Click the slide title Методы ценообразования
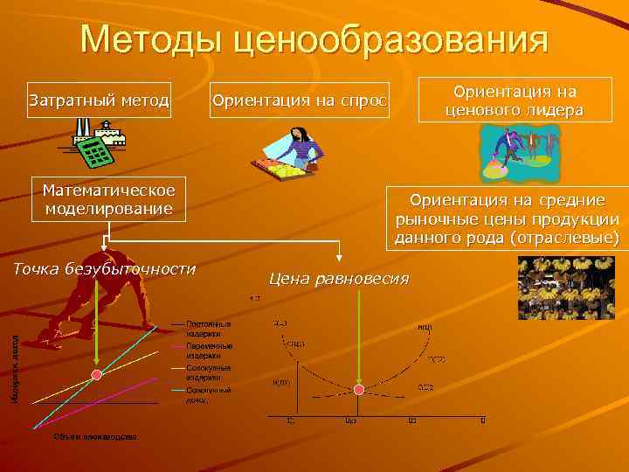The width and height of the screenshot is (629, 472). click(314, 40)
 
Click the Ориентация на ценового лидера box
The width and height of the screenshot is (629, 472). click(515, 101)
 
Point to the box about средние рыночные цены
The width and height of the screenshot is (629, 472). click(507, 219)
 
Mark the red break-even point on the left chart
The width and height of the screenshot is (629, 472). click(97, 375)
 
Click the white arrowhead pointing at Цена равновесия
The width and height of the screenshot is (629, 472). click(339, 256)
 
